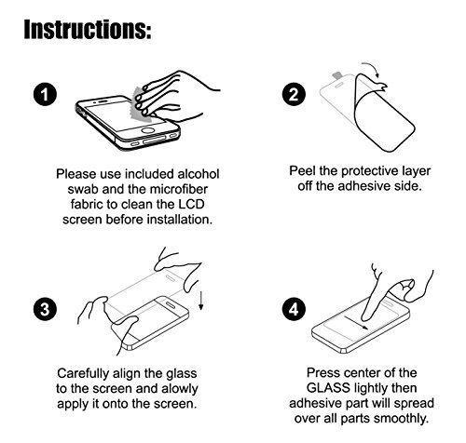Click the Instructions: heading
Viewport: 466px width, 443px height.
[x=88, y=30]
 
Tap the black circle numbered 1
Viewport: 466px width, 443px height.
[x=45, y=94]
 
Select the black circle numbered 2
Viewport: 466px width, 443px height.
[x=294, y=94]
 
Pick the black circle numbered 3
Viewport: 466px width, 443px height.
[x=45, y=309]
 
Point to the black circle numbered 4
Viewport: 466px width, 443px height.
[x=294, y=309]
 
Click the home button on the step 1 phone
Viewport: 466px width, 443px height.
[x=148, y=130]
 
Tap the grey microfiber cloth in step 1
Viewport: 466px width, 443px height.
[x=142, y=105]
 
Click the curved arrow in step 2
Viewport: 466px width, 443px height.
[x=372, y=69]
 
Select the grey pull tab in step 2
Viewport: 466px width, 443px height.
[x=337, y=75]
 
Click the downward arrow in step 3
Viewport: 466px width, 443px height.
[x=201, y=301]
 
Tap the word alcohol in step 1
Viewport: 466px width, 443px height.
[x=199, y=174]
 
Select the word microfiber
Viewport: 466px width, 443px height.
[x=179, y=189]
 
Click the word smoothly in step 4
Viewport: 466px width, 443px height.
[x=401, y=419]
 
